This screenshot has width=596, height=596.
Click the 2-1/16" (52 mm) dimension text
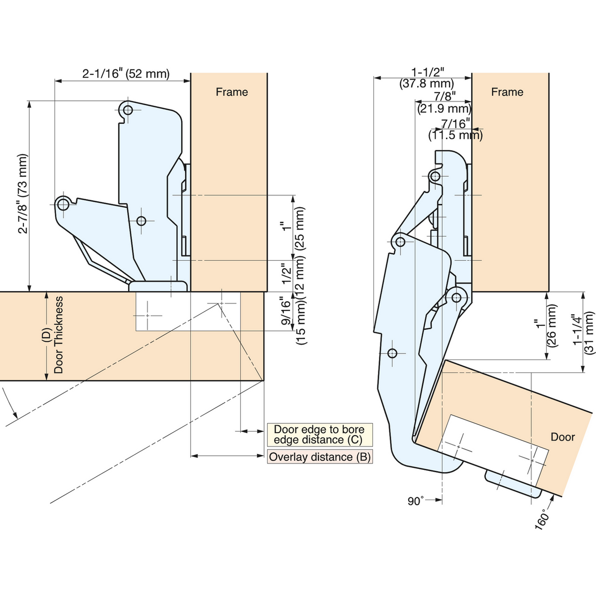[x=126, y=74]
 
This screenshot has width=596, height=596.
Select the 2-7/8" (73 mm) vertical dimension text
[x=23, y=194]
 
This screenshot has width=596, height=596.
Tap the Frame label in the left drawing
[x=231, y=92]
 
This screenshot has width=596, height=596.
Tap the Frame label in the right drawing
[x=507, y=92]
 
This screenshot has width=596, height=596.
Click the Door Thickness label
[x=58, y=335]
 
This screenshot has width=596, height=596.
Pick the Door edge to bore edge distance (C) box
[x=320, y=435]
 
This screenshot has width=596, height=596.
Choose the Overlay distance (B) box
[x=320, y=457]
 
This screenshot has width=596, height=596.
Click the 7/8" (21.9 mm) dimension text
[x=444, y=102]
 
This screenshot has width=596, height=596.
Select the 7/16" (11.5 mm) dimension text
[x=455, y=129]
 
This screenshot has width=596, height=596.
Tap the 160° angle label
[x=542, y=520]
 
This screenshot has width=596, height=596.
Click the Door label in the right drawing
[x=563, y=437]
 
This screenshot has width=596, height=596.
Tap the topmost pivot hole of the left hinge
[x=128, y=110]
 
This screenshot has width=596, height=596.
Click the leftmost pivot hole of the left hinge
[x=63, y=204]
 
